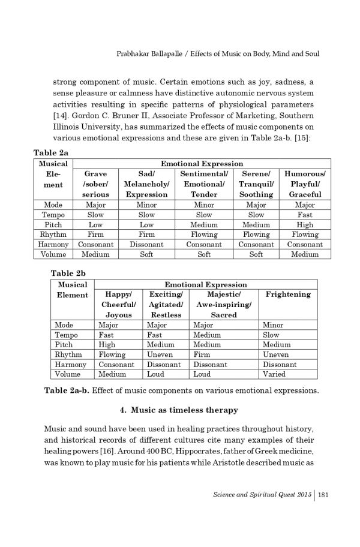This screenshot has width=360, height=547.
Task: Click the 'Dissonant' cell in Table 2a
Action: [x=146, y=244]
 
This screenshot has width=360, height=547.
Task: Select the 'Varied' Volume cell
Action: [x=274, y=374]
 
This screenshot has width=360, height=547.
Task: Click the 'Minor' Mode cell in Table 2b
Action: [x=274, y=324]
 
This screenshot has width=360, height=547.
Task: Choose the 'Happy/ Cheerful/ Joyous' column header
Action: [x=119, y=304]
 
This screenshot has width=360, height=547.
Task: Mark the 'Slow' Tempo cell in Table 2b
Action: [x=271, y=335]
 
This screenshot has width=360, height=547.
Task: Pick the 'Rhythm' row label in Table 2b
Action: [x=70, y=354]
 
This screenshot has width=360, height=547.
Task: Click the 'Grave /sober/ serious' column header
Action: [x=96, y=184]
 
